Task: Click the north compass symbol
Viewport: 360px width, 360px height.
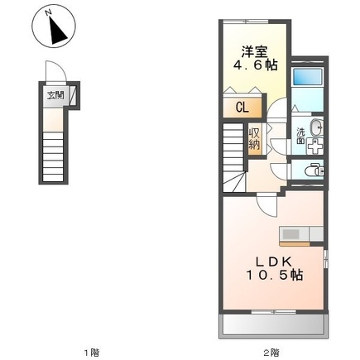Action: point(54,26)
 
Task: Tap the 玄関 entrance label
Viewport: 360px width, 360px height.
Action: point(55,95)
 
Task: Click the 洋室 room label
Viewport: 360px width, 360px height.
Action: point(255,51)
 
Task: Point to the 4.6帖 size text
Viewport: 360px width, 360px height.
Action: point(255,65)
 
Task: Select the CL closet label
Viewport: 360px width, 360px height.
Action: point(242,108)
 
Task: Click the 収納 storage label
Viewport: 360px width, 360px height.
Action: point(254,139)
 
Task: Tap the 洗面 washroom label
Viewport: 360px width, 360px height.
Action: point(300,136)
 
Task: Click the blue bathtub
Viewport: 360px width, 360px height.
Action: point(308,76)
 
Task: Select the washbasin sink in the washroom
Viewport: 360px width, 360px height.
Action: point(316,127)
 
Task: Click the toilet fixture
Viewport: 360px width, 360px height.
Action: point(314,170)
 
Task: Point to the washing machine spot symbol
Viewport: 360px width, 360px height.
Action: point(314,146)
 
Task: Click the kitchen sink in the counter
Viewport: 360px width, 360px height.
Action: point(290,235)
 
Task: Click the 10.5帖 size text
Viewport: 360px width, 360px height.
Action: point(275,275)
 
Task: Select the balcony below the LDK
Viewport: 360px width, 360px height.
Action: point(274,325)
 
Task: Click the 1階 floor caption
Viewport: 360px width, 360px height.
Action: point(91,352)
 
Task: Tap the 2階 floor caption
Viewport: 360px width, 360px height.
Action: point(271,352)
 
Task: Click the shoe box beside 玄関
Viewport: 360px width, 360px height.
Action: point(73,95)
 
